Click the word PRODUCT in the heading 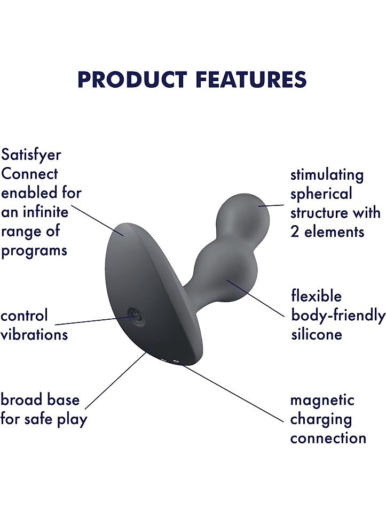pyautogui.click(x=132, y=80)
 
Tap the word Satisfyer pyautogui.click(x=31, y=155)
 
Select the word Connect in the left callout pyautogui.click(x=29, y=174)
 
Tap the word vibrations pyautogui.click(x=34, y=335)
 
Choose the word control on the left pyautogui.click(x=24, y=316)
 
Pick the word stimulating pyautogui.click(x=327, y=175)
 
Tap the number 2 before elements pyautogui.click(x=295, y=232)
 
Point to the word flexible pyautogui.click(x=316, y=296)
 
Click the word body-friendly pyautogui.click(x=338, y=316)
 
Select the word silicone pyautogui.click(x=317, y=334)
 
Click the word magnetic pyautogui.click(x=322, y=401)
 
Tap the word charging pyautogui.click(x=321, y=420)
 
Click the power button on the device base pyautogui.click(x=135, y=317)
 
